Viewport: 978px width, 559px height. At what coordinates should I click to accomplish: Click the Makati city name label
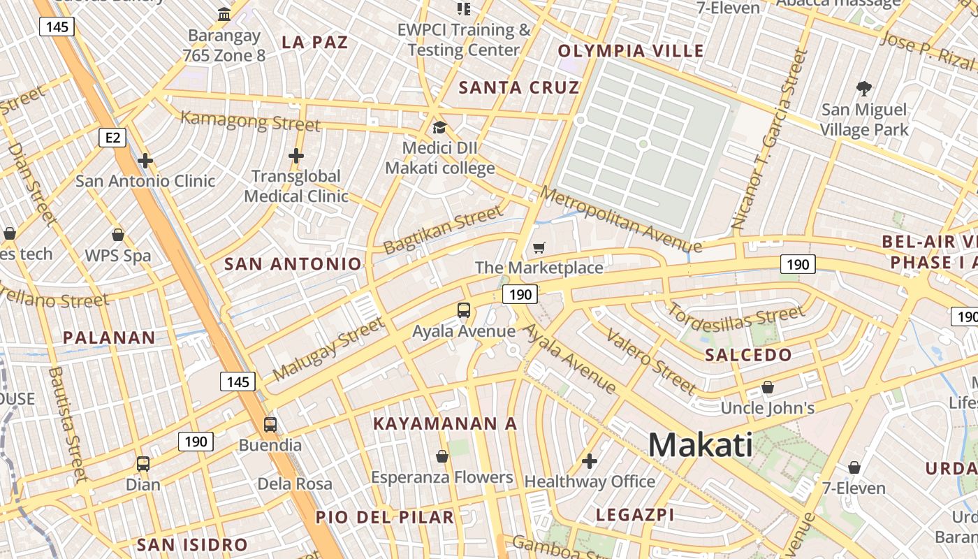701,445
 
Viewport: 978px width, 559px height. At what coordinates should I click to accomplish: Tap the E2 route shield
112,138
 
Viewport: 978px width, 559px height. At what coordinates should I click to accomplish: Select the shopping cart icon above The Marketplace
539,248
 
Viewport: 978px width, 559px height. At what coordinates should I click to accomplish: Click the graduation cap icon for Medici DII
439,127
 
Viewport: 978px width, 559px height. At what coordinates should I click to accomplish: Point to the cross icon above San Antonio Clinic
145,161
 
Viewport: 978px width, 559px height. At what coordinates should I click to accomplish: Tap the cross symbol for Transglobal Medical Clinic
296,156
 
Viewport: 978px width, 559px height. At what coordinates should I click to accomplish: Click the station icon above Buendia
270,424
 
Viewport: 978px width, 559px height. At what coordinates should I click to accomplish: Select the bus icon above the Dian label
143,463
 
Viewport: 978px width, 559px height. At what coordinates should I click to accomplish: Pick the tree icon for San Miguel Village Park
864,89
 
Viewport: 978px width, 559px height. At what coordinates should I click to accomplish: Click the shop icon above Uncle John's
768,387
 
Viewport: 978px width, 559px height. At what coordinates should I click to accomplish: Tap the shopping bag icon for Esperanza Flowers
442,457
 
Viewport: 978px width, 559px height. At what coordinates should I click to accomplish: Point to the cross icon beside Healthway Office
590,461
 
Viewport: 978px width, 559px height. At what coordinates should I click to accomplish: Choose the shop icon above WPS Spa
118,235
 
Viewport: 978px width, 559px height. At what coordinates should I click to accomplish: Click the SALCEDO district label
748,355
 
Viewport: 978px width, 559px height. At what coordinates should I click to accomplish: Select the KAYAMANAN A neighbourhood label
445,423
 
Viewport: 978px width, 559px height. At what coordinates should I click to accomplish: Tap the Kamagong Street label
250,121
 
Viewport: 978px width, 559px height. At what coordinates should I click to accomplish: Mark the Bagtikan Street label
443,230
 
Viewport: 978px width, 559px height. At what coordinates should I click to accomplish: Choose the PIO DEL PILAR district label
385,518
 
